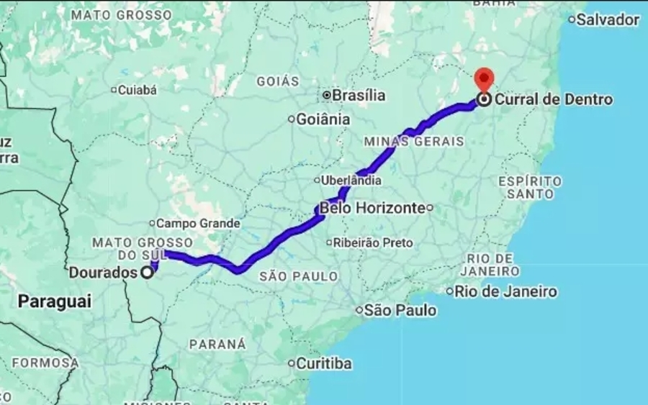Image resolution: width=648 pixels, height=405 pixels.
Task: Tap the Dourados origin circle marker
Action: (x=148, y=272)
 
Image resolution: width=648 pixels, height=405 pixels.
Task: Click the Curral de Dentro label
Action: (x=554, y=99)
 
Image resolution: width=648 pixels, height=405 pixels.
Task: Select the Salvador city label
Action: (x=608, y=19)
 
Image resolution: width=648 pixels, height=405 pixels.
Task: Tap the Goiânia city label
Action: (x=323, y=119)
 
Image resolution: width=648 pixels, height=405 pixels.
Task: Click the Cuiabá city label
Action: (x=137, y=90)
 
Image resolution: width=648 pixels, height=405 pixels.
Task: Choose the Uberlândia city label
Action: (x=351, y=180)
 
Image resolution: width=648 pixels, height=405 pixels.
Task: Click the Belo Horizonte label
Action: (x=372, y=208)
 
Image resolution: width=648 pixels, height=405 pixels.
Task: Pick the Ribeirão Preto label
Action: (x=373, y=242)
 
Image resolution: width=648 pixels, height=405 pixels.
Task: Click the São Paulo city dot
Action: (x=359, y=310)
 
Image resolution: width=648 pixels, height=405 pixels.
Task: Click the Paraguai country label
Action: (x=55, y=301)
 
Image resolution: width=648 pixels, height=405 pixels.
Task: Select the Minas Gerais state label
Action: (x=414, y=142)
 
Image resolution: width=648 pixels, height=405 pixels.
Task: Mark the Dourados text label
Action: (x=103, y=273)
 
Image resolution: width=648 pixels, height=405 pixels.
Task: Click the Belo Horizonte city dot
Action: (x=429, y=208)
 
